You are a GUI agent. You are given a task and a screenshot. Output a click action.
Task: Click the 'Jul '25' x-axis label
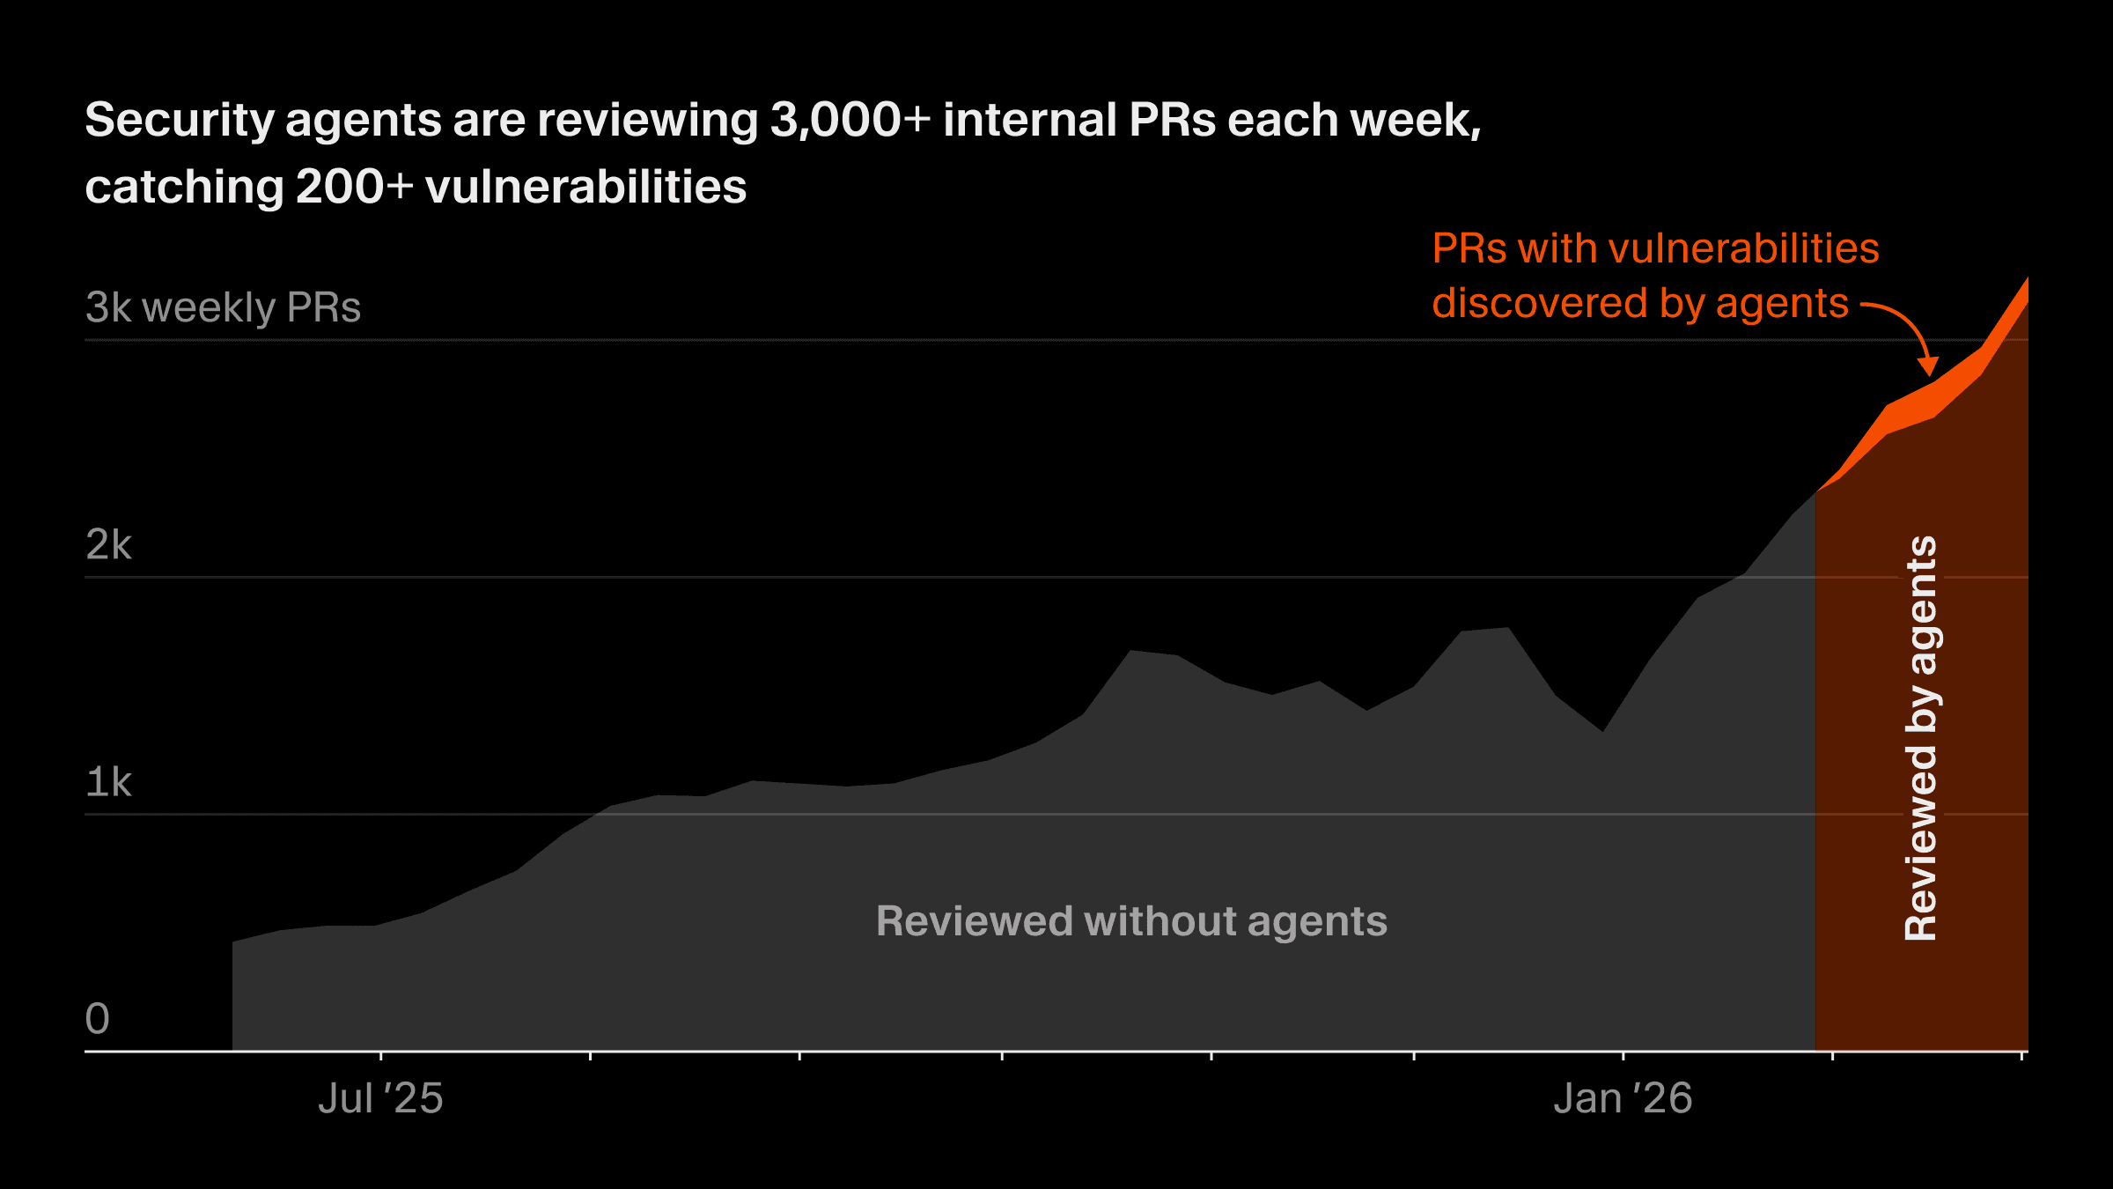380,1098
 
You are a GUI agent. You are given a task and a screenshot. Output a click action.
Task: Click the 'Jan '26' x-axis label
1622,1098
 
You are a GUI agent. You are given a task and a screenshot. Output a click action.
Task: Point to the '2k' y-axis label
108,545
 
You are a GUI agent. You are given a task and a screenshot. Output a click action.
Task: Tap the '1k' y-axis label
108,782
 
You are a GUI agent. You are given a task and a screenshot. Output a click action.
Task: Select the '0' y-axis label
98,1019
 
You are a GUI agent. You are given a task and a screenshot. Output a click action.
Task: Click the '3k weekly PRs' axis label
223,307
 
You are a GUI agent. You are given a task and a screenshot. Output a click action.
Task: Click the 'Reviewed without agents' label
1131,921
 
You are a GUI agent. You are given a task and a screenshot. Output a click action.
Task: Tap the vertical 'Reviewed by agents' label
1921,738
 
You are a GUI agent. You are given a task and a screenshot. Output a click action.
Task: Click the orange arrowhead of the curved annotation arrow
1928,367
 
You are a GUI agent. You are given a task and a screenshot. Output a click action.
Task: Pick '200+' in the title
354,187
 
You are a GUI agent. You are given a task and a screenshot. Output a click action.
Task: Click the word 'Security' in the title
180,120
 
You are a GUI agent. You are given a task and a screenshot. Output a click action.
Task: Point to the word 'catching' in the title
183,187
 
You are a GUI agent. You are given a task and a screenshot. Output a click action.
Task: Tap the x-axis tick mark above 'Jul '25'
380,1055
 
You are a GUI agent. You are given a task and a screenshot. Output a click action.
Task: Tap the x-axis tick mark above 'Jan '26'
1623,1055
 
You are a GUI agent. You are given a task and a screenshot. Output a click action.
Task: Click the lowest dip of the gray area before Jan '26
1602,730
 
